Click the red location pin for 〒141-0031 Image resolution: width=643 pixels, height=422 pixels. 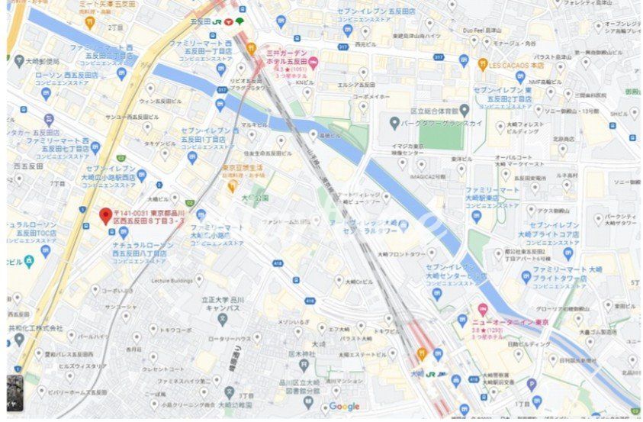(105, 216)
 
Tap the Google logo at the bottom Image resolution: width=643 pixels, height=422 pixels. (344, 407)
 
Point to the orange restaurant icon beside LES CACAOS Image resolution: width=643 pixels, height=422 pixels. (482, 65)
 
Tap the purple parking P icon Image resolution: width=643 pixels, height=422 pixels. (532, 384)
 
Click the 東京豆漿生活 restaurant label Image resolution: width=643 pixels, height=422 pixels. (243, 167)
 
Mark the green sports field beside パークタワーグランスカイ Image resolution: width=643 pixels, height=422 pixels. (441, 137)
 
